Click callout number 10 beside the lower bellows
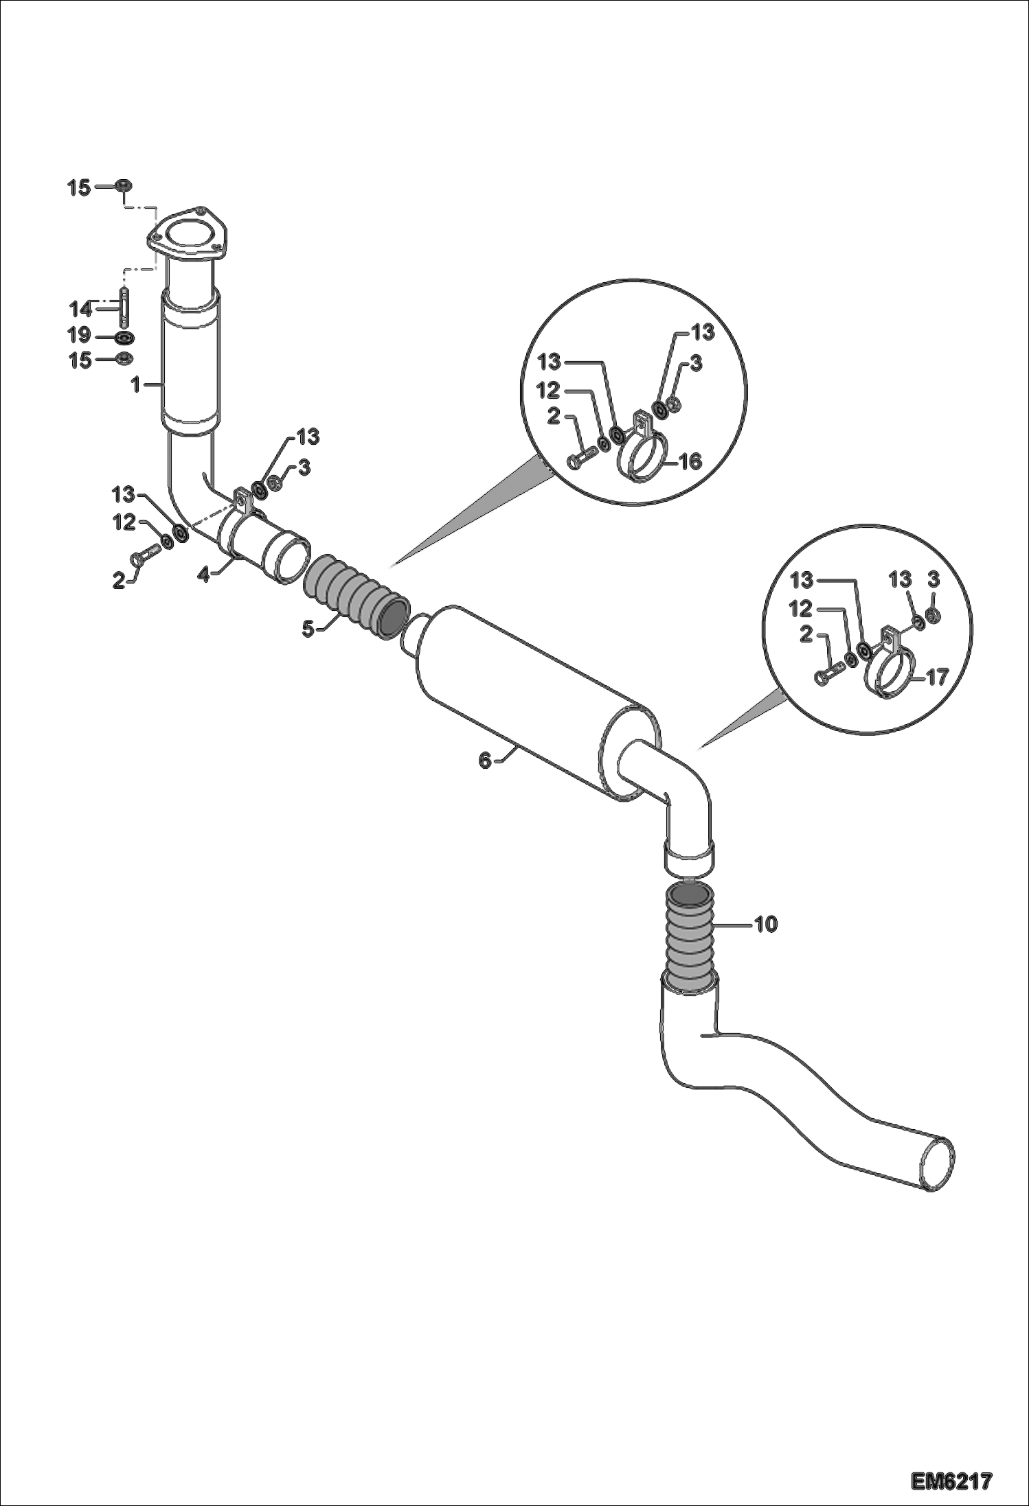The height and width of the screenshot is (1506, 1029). [x=766, y=925]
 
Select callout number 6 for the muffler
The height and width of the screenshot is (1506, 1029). [x=485, y=760]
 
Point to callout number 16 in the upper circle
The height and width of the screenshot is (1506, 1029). [x=690, y=461]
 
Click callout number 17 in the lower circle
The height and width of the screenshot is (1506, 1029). [x=936, y=677]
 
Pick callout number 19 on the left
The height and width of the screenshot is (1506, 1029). [x=80, y=335]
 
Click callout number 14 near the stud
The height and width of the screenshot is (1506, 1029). [x=80, y=308]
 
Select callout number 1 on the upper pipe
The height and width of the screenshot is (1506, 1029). [x=137, y=385]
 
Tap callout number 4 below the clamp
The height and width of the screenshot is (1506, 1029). [x=203, y=574]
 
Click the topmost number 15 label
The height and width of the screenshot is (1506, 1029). [x=79, y=187]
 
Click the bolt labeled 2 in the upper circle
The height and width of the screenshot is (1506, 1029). [x=581, y=460]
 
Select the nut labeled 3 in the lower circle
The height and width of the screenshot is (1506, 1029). [x=932, y=614]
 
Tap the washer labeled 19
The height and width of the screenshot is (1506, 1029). [x=124, y=338]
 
